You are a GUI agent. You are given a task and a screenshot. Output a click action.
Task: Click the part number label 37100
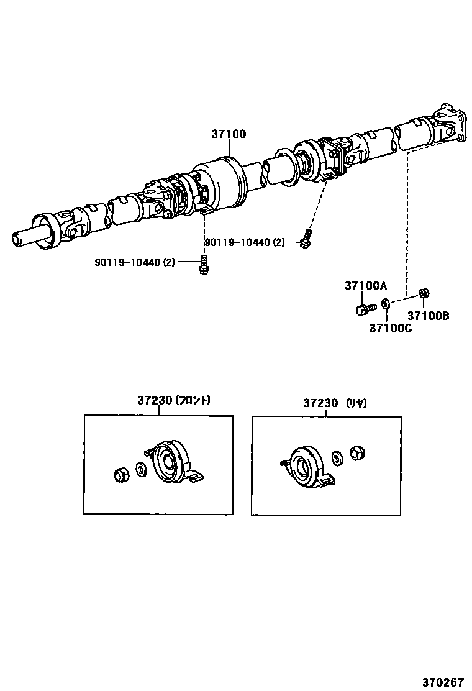click(x=229, y=134)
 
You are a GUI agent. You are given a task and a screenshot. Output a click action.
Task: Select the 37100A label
click(x=366, y=285)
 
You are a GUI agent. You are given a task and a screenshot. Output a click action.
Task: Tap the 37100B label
click(x=428, y=316)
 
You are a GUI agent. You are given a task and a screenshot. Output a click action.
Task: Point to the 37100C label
click(x=390, y=327)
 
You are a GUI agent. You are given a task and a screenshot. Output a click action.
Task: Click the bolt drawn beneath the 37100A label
click(x=365, y=308)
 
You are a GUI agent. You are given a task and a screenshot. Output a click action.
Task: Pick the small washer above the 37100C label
click(x=385, y=304)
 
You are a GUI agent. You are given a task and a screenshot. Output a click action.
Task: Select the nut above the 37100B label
click(x=422, y=293)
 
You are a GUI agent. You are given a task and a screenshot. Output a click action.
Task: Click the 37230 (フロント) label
click(x=174, y=401)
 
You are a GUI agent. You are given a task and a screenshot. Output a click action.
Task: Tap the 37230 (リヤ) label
click(x=335, y=403)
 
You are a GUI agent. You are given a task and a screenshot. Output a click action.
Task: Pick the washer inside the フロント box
click(x=140, y=469)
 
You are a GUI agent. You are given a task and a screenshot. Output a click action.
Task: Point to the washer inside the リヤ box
click(x=338, y=458)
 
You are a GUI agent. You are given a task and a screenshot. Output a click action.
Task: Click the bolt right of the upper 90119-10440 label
click(x=304, y=239)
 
